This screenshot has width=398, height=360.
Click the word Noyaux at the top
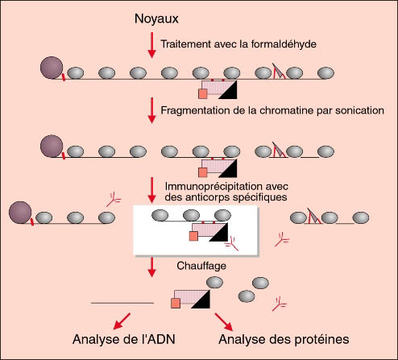(156, 19)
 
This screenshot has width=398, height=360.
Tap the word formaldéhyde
(284, 43)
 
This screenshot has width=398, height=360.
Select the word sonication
(359, 110)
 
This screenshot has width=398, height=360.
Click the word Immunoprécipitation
(226, 186)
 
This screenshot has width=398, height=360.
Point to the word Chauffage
(201, 266)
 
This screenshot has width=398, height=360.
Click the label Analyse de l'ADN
(124, 339)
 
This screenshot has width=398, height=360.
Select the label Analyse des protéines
(284, 339)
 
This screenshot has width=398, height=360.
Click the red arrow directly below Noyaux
(152, 45)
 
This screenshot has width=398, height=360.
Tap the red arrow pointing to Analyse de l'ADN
(122, 321)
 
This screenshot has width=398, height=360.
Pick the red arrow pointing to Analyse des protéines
(224, 321)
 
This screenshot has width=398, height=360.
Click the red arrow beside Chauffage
(152, 267)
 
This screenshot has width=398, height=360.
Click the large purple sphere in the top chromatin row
(52, 68)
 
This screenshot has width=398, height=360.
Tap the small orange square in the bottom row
(176, 303)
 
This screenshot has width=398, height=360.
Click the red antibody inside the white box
(231, 244)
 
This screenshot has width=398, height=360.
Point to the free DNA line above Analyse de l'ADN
(122, 303)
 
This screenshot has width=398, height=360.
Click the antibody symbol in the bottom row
(280, 304)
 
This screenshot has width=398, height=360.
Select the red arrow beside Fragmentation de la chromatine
(152, 110)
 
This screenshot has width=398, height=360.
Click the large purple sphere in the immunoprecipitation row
(20, 213)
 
